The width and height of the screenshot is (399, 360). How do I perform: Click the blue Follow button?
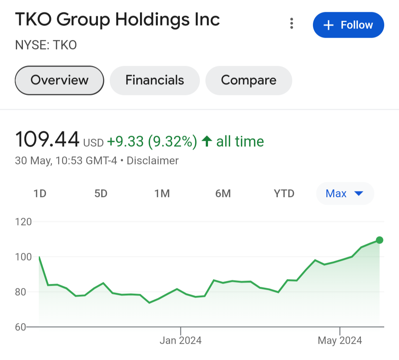click(348, 25)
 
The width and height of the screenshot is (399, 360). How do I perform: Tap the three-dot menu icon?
click(292, 24)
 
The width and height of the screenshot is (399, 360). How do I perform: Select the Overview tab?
click(59, 80)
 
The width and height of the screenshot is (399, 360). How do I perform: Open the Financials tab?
click(154, 80)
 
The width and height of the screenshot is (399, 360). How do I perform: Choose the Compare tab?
click(249, 80)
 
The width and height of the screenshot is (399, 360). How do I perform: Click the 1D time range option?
click(40, 193)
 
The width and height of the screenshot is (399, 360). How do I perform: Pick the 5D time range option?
click(101, 193)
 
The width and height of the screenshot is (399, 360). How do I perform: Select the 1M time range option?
click(162, 193)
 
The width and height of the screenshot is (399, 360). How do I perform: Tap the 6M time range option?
click(223, 193)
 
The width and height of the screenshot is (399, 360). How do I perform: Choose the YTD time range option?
click(284, 193)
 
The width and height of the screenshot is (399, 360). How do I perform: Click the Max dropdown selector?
click(345, 193)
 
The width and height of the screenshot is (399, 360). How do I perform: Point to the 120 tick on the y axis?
click(24, 222)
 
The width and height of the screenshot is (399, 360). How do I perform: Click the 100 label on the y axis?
click(24, 257)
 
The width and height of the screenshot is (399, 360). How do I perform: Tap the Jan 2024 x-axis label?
click(181, 340)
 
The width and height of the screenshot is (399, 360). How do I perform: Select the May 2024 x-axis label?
click(340, 340)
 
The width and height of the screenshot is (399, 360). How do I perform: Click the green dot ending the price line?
click(379, 240)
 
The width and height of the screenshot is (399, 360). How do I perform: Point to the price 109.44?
click(47, 140)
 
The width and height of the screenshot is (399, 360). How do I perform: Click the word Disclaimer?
click(153, 161)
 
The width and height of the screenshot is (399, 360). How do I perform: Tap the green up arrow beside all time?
click(207, 141)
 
